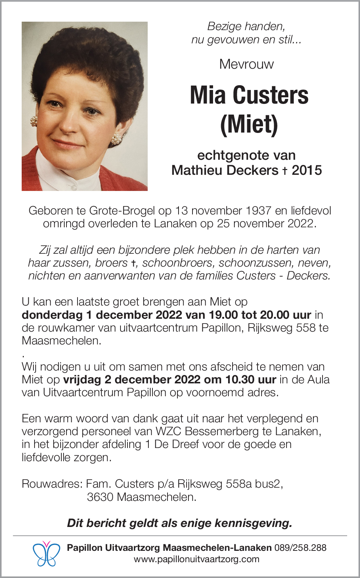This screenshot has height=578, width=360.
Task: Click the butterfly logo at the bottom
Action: [x=46, y=554]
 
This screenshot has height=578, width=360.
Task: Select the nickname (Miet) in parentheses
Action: [x=249, y=124]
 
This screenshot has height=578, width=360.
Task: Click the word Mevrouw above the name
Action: [x=246, y=64]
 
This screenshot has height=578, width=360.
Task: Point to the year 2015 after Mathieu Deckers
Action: [x=307, y=170]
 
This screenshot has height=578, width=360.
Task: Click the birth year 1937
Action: [x=259, y=211]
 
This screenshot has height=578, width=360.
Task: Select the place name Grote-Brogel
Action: [x=122, y=211]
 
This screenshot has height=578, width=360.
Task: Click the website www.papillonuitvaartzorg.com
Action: [x=197, y=559]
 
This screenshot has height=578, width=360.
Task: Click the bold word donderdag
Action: [x=52, y=315]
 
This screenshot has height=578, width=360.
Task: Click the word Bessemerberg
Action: [x=222, y=431]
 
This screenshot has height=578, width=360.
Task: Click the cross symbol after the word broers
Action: [x=134, y=263]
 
